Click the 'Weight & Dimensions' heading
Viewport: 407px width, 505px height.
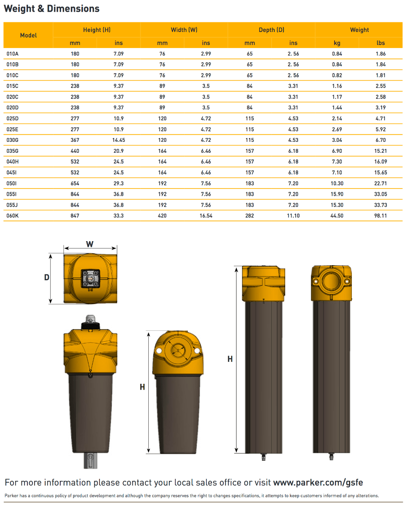(52, 9)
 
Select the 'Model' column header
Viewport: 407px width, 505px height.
(28, 35)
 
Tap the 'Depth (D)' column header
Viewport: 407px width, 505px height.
(271, 30)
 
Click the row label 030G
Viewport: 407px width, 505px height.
(13, 140)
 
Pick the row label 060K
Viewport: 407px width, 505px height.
(13, 215)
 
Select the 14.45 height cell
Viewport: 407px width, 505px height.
(119, 140)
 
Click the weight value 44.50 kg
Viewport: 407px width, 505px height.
(337, 215)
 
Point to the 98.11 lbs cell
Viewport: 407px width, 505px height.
(381, 215)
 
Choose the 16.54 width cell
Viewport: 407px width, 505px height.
(206, 215)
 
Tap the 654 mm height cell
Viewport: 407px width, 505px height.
(75, 183)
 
